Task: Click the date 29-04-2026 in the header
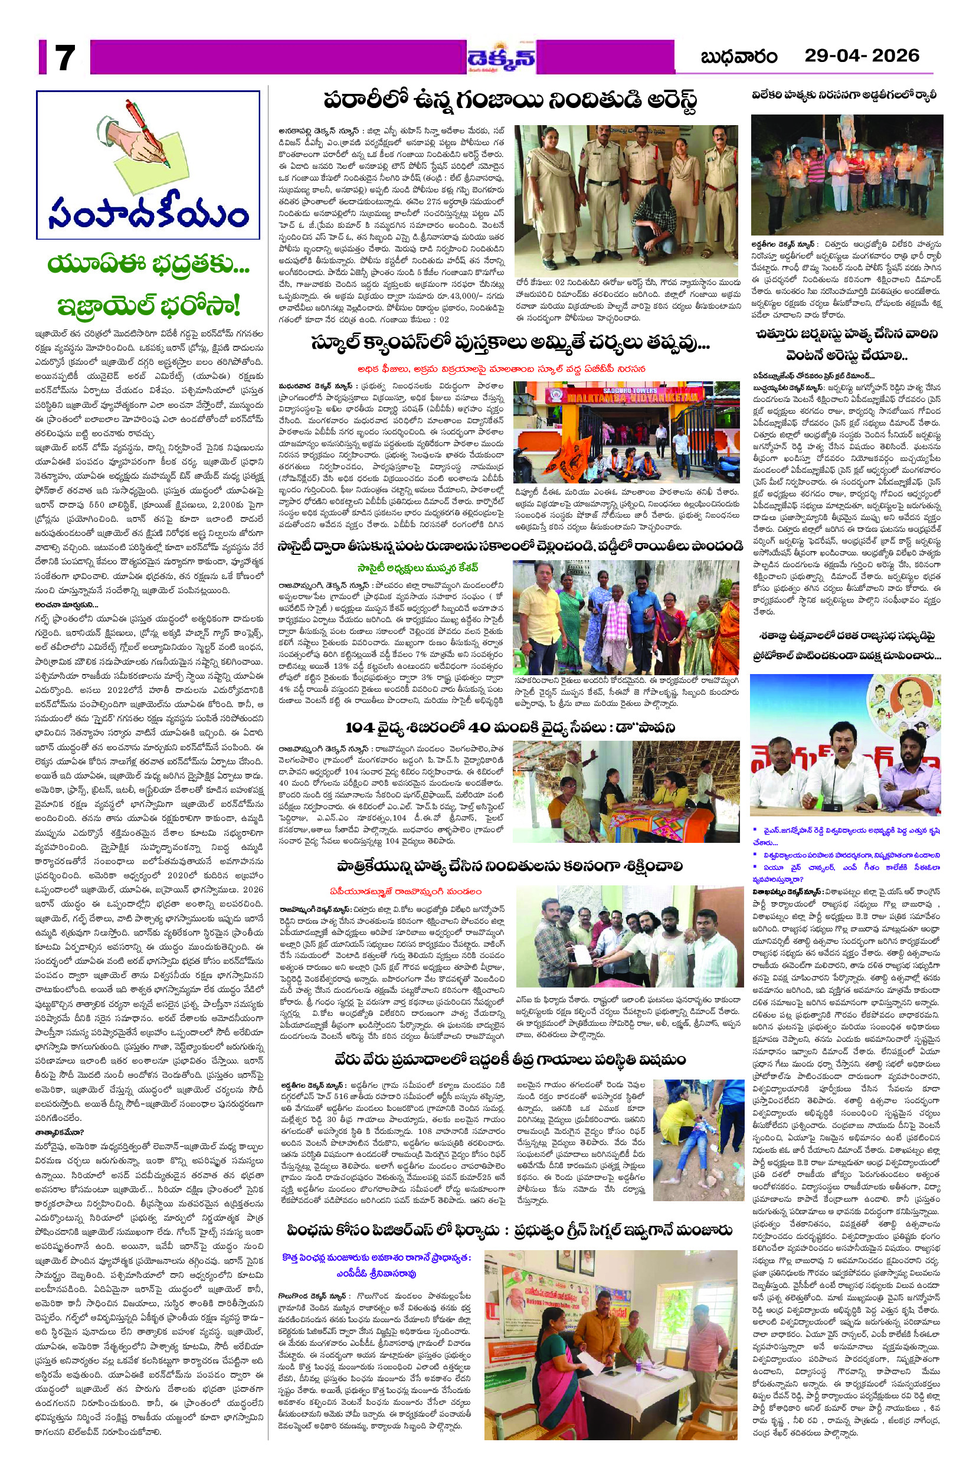click(862, 56)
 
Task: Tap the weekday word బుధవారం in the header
click(739, 57)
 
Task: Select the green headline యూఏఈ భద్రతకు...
click(148, 266)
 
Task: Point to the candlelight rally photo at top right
click(847, 175)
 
